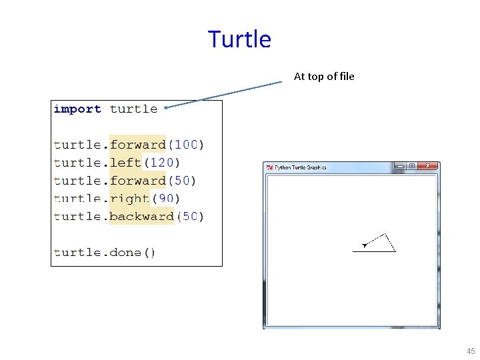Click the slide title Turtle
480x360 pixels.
tap(239, 39)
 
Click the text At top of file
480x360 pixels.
tap(324, 76)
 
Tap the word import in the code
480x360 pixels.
tap(77, 109)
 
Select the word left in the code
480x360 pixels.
tap(125, 163)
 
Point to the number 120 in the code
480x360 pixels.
tap(161, 163)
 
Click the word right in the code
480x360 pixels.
tap(129, 199)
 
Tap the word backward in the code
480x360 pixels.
tap(141, 217)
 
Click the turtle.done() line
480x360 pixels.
tap(105, 253)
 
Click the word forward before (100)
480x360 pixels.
tap(137, 145)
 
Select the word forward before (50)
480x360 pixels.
tap(137, 181)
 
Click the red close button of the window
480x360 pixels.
tap(429, 166)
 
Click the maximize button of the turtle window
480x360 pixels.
tap(412, 166)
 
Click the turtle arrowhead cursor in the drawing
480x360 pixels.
tap(365, 245)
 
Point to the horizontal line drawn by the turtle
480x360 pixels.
tap(373, 251)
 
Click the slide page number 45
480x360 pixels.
tap(471, 351)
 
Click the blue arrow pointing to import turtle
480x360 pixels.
tap(223, 94)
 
